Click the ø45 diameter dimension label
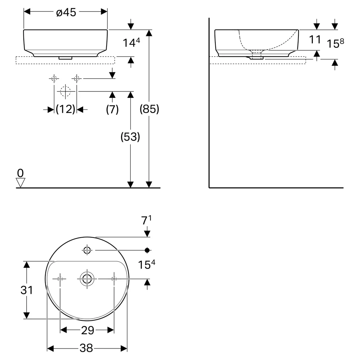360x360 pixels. (x=66, y=12)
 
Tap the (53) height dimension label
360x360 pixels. (x=130, y=137)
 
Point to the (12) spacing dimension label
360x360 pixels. (x=66, y=109)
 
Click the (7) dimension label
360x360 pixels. (x=112, y=109)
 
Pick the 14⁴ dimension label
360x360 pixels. (x=131, y=42)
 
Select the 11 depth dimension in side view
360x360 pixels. (x=315, y=40)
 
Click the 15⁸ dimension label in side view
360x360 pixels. (x=336, y=43)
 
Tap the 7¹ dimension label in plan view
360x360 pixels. (x=146, y=220)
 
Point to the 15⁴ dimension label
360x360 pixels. (x=147, y=264)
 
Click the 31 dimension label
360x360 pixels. (x=27, y=290)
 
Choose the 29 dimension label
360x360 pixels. (x=87, y=330)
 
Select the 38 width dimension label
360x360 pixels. (x=86, y=348)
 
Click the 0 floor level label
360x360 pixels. (x=21, y=173)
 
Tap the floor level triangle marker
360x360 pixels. (x=21, y=183)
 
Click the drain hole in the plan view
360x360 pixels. (x=87, y=279)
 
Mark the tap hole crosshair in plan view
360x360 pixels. (x=87, y=250)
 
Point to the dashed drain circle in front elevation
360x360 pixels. (x=65, y=91)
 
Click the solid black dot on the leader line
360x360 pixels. (x=147, y=250)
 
